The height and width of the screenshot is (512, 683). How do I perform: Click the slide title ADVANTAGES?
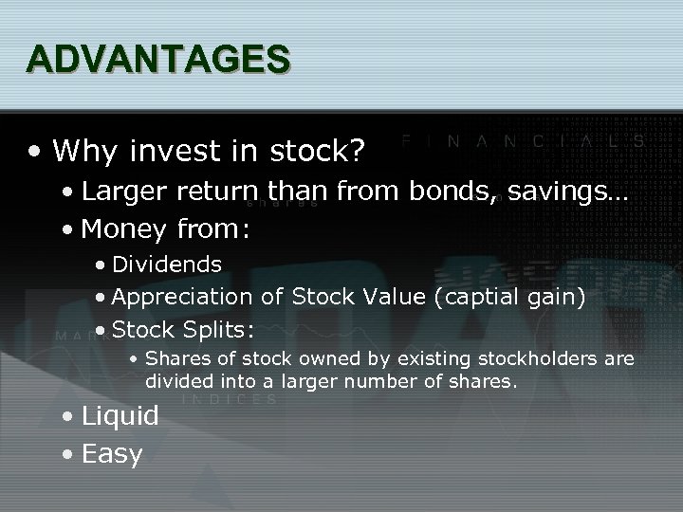[158, 59]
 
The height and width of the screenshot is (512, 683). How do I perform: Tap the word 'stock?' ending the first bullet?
[332, 150]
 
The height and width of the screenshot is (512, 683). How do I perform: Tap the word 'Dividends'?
[167, 263]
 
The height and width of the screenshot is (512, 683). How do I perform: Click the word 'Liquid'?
[120, 415]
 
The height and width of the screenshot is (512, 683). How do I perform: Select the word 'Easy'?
[112, 453]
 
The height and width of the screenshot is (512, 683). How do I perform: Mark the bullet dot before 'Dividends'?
[100, 264]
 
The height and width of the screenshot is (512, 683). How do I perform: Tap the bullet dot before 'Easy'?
[67, 454]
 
